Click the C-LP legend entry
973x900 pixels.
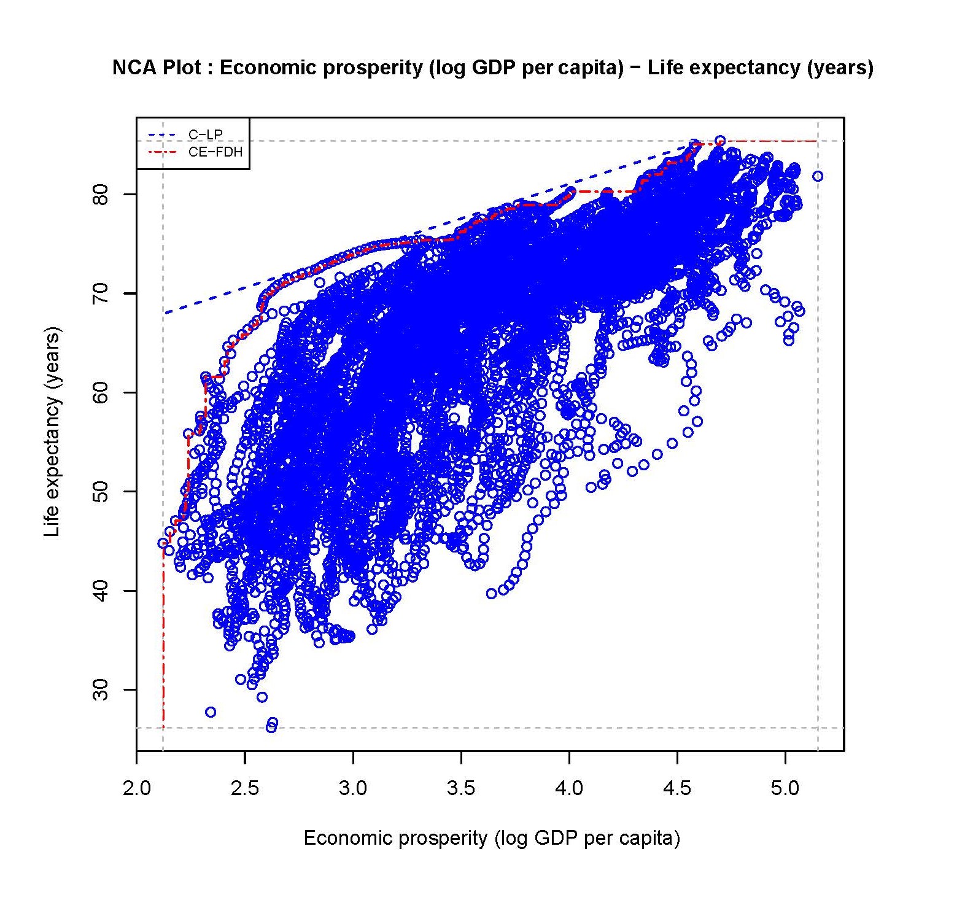pos(205,134)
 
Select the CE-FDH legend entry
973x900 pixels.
pos(215,152)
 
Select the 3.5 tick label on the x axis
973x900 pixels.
pos(460,788)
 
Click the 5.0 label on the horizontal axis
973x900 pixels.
pos(785,788)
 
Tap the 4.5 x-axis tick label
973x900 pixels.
pos(677,788)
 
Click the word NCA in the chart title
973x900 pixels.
pos(134,67)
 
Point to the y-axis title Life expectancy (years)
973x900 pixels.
pos(53,432)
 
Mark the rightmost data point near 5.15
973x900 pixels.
pos(818,176)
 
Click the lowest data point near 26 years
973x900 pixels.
pos(271,727)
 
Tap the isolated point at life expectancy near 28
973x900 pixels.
pos(211,712)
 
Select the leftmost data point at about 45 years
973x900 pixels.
pos(163,543)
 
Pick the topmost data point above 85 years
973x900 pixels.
pos(720,141)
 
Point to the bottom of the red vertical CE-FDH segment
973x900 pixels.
pos(163,727)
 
